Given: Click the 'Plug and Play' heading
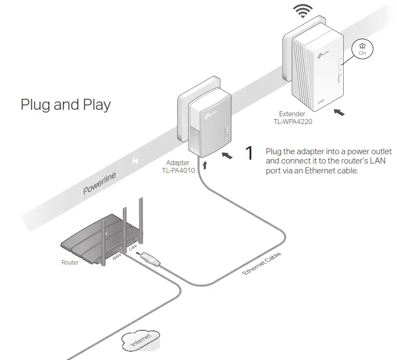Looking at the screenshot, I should tap(65, 105).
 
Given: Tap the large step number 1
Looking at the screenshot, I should tap(249, 154).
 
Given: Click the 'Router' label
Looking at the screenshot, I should tap(70, 262).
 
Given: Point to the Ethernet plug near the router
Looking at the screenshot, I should tap(150, 257).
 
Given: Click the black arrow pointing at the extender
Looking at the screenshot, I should tap(341, 112).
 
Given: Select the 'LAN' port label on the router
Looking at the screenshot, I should tap(132, 250).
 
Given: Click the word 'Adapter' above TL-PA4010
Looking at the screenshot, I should tap(178, 163).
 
